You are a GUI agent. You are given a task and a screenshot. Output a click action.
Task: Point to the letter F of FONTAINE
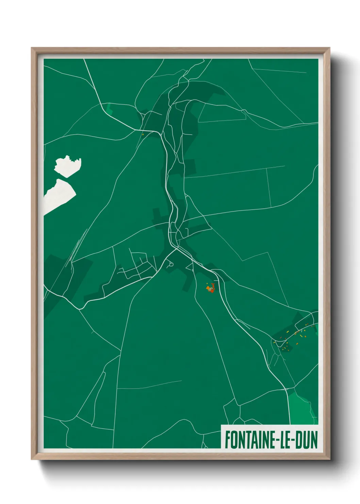click(227, 440)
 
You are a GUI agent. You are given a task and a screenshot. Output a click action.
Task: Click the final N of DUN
click(314, 440)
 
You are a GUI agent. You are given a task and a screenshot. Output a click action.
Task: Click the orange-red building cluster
click(210, 288)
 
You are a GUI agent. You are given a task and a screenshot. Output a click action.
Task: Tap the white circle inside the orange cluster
click(211, 289)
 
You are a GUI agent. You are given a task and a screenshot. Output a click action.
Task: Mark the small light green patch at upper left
click(109, 109)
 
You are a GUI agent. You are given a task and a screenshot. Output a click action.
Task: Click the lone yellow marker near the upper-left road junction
click(143, 134)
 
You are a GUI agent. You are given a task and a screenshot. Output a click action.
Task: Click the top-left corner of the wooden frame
click(32, 48)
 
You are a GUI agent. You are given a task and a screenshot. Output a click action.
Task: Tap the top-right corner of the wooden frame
click(330, 48)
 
